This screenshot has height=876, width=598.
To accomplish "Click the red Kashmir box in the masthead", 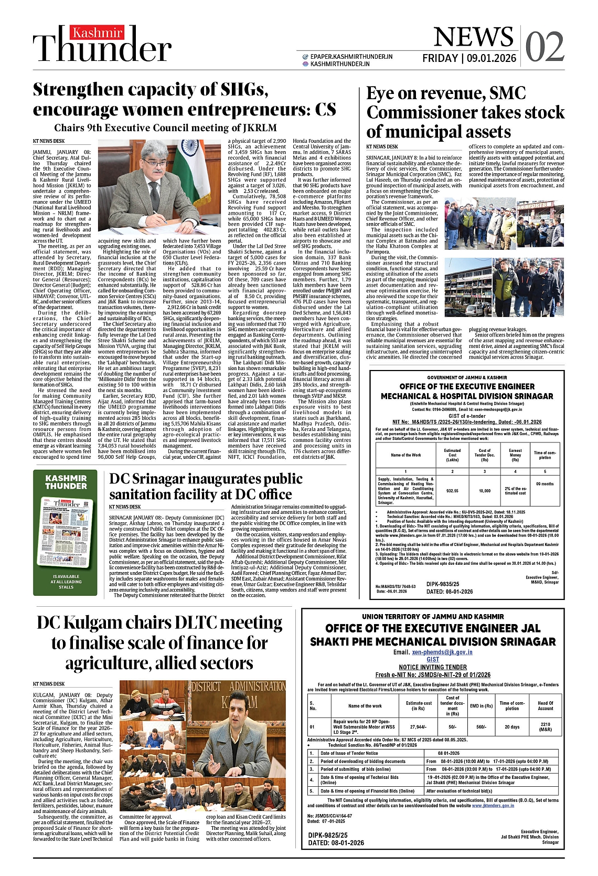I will click(98, 33).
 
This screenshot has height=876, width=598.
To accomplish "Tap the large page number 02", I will click(544, 47).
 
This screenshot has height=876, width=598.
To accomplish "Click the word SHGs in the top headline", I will click(240, 90).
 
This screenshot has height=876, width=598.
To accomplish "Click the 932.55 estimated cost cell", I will click(452, 491).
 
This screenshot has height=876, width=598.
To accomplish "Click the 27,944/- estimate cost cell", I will click(419, 726).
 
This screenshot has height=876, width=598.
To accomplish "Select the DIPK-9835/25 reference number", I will click(442, 584).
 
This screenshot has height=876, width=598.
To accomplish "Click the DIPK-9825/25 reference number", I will click(328, 835).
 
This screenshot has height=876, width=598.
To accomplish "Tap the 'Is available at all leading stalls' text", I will click(66, 582).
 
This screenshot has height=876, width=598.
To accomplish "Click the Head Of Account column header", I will click(545, 706).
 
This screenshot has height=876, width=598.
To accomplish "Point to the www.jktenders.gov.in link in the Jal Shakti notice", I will click(493, 805).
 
